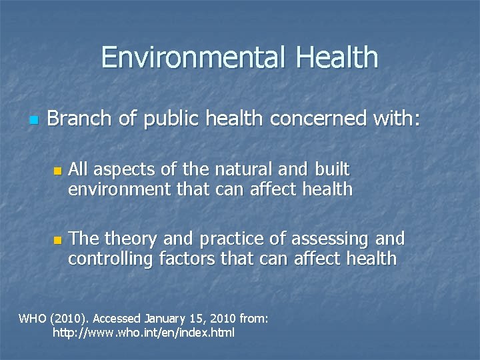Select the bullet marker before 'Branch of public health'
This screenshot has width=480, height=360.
click(33, 121)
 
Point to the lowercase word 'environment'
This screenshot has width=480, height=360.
click(120, 189)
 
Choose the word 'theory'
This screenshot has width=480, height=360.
click(134, 239)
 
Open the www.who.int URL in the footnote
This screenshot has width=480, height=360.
click(143, 332)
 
